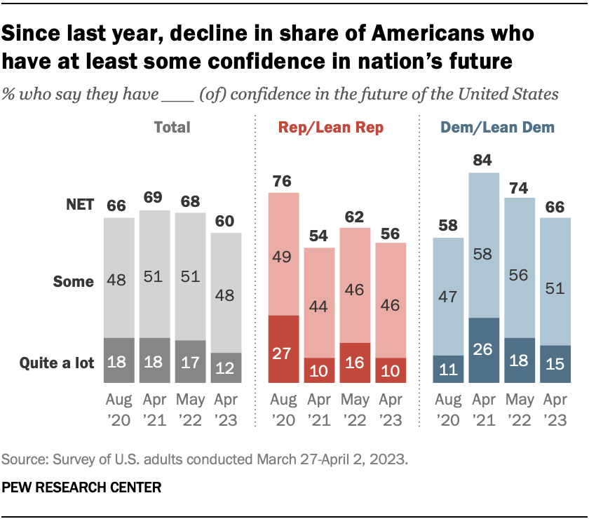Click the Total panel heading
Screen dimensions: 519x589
point(172,128)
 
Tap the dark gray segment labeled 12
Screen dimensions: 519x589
point(226,369)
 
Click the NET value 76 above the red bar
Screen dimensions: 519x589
point(284,181)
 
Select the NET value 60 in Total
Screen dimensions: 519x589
point(226,221)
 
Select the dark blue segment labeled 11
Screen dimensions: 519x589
point(449,370)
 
